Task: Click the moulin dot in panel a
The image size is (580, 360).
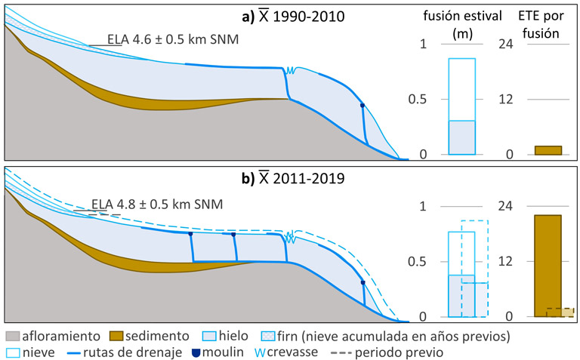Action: tap(362, 106)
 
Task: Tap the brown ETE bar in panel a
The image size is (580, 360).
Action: tap(548, 150)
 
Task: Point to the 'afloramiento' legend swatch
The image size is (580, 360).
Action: tap(13, 335)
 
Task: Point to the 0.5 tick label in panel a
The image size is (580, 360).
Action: tap(416, 100)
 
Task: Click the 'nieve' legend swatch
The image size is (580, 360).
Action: tap(13, 352)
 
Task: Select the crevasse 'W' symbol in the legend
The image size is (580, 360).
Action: tap(259, 352)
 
